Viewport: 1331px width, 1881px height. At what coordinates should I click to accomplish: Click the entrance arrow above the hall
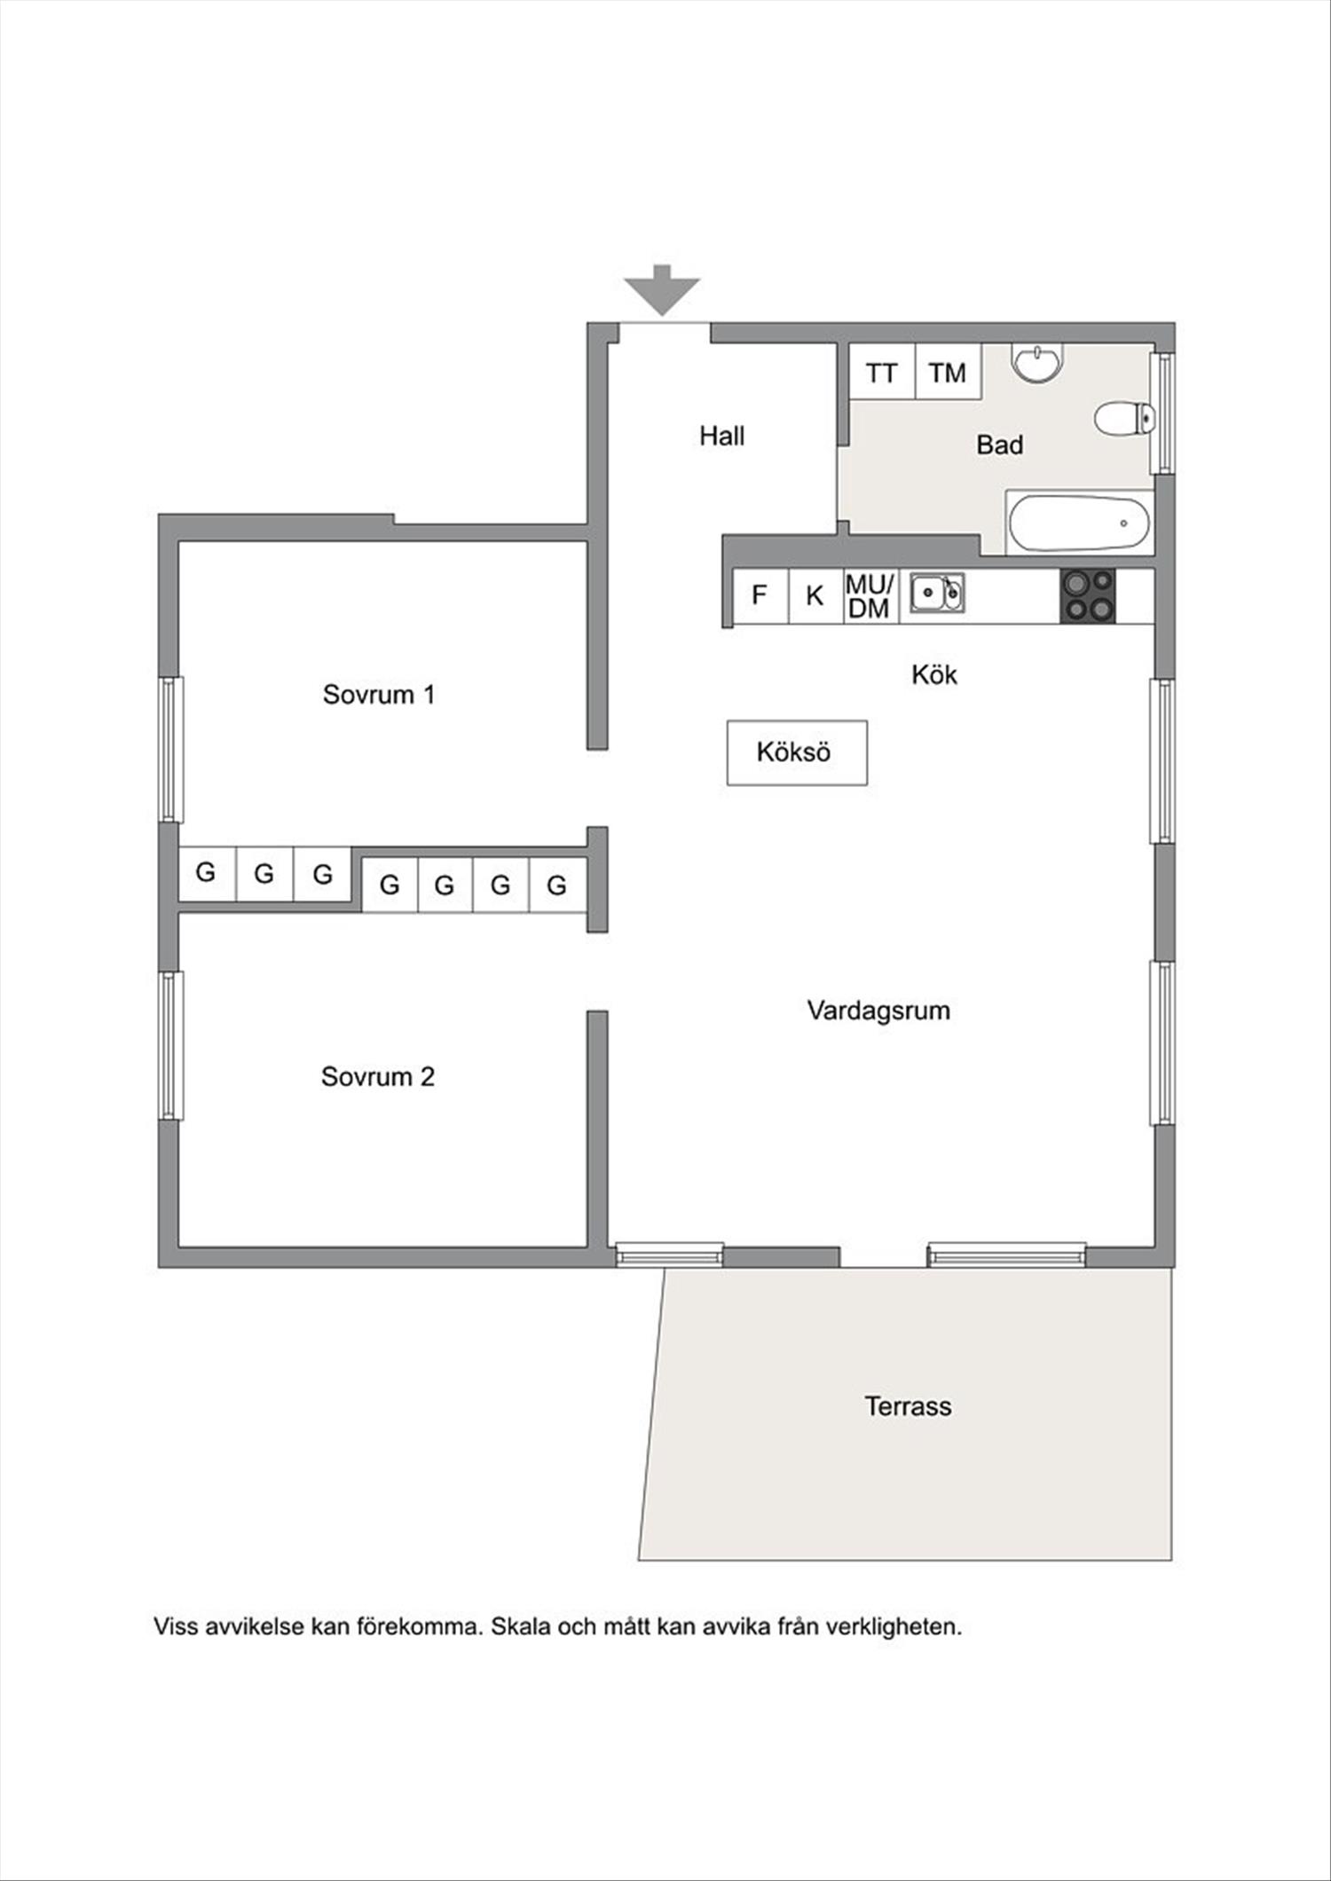tap(662, 290)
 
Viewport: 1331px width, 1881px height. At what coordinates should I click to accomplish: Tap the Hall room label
tap(721, 436)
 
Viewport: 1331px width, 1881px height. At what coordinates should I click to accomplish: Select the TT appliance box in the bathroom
tap(882, 372)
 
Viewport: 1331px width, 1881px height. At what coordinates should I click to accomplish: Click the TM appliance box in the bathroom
tap(948, 372)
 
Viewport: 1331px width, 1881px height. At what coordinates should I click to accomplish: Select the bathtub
tap(1080, 523)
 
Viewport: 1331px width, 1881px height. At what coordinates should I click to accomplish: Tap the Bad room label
tap(999, 445)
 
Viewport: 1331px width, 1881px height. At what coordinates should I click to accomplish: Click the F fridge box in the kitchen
tap(760, 595)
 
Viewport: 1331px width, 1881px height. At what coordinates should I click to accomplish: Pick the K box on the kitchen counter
tap(815, 595)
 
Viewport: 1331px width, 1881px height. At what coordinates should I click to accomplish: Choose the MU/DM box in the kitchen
tap(870, 595)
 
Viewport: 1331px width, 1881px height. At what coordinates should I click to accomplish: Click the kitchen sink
tap(937, 592)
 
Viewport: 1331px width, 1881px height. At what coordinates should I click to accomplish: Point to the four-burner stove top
tap(1088, 595)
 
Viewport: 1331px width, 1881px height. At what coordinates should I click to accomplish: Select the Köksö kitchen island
tap(797, 752)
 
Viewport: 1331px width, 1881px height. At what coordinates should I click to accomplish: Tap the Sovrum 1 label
tap(379, 694)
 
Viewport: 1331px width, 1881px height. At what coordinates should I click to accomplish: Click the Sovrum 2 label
tap(378, 1076)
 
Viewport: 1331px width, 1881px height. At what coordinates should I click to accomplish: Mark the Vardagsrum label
tap(878, 1011)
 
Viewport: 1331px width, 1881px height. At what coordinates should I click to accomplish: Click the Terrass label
tap(908, 1405)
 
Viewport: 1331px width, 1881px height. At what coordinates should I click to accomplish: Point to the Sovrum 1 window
tap(171, 750)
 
